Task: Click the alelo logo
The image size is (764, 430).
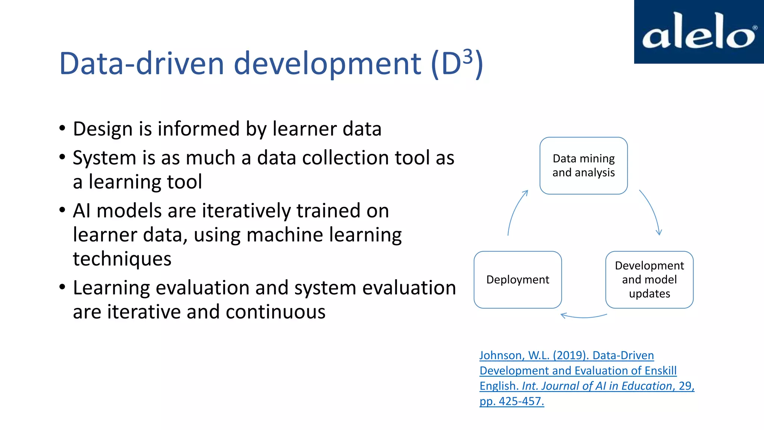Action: click(699, 32)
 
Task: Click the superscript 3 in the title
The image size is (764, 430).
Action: click(468, 57)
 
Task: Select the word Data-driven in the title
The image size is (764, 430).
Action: click(141, 63)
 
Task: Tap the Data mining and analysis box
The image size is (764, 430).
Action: click(583, 165)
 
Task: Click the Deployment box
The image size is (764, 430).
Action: click(517, 280)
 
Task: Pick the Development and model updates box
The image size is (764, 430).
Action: click(649, 280)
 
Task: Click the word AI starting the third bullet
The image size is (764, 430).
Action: click(82, 211)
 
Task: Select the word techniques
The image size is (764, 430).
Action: click(122, 259)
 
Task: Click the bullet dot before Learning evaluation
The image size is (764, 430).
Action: click(62, 287)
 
